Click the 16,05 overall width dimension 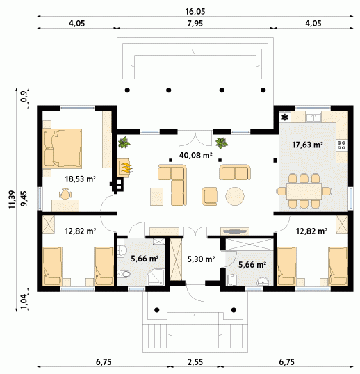(195, 11)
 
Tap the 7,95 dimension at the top (195, 24)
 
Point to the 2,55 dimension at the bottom (195, 362)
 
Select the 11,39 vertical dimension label (12, 200)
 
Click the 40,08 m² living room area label (196, 156)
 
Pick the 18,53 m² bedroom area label (81, 179)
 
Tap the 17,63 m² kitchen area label (308, 145)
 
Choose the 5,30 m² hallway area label (201, 259)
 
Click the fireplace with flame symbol (124, 168)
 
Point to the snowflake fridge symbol (285, 117)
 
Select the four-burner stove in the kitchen (342, 145)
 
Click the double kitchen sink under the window (313, 117)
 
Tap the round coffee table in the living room (235, 196)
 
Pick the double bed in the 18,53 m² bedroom (63, 149)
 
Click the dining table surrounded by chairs (304, 190)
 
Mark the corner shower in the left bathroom (156, 277)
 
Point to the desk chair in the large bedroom (65, 194)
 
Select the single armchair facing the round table (210, 196)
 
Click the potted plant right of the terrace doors (222, 143)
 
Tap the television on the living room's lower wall (235, 231)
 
